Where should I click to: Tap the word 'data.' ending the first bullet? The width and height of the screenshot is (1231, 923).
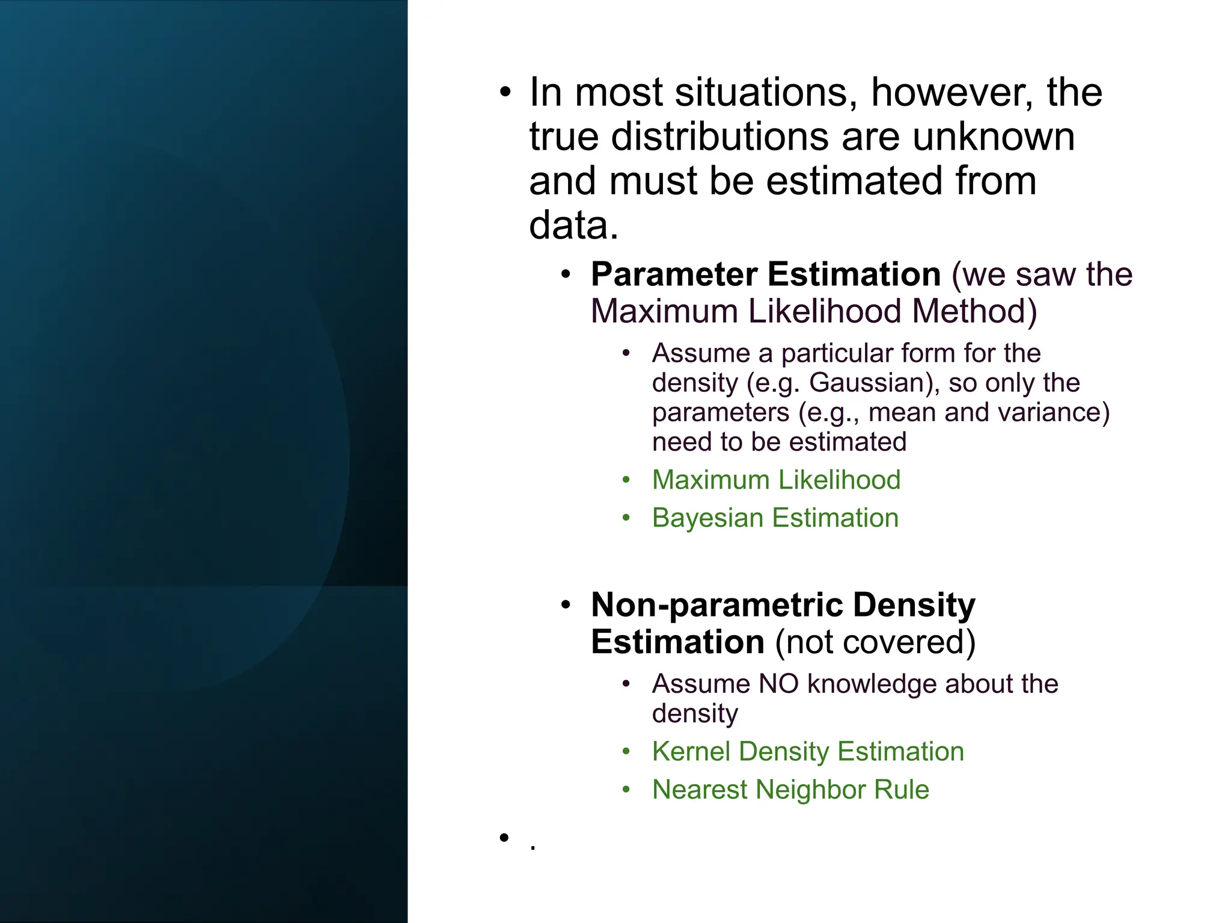point(573,226)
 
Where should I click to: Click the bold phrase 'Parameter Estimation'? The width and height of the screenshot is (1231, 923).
point(766,275)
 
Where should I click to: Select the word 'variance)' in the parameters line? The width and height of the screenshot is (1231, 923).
point(1063,413)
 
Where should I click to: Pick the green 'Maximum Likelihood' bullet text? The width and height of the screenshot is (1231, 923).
point(776,480)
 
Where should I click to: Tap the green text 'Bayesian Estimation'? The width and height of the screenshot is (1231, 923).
point(775,518)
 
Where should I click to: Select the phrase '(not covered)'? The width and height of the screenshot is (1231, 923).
point(875,642)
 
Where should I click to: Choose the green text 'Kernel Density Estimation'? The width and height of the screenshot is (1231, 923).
point(808,752)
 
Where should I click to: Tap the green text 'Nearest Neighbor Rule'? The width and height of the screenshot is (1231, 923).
point(790,790)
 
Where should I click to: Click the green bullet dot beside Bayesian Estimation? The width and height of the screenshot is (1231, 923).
point(626,518)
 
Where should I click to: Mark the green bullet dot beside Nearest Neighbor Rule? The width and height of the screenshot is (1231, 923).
point(626,790)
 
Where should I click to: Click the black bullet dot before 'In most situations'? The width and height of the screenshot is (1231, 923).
point(505,93)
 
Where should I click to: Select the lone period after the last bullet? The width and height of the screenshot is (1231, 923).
point(533,848)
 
